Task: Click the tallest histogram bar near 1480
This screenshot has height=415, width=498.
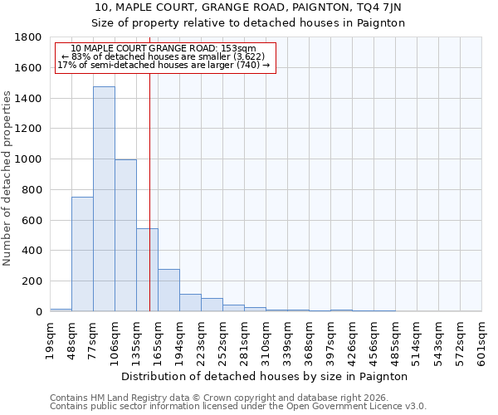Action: pos(104,199)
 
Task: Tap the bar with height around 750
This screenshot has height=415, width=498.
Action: pos(82,254)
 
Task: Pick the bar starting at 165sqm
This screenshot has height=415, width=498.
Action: pos(168,290)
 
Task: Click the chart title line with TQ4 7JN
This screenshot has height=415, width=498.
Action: pos(248,7)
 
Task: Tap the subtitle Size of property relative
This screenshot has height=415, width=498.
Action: pos(248,23)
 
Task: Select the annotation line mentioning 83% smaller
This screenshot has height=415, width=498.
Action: pos(164,56)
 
